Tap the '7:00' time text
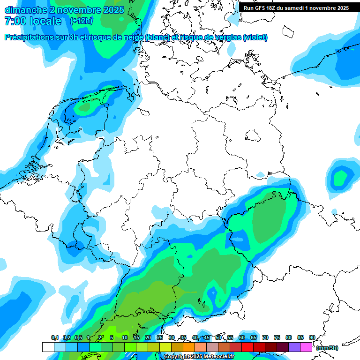click(14, 21)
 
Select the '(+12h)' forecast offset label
click(81, 21)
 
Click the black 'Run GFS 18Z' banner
click(296, 8)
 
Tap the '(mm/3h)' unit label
click(327, 348)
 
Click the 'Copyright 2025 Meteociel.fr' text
click(199, 356)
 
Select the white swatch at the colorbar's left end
click(48, 347)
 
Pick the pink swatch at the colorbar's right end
click(306, 347)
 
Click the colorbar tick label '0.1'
click(54, 338)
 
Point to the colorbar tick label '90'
click(312, 338)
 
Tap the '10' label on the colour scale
click(125, 338)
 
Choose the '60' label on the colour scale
click(241, 338)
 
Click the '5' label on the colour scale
click(112, 338)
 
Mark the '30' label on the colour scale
click(172, 338)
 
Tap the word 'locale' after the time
click(46, 21)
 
